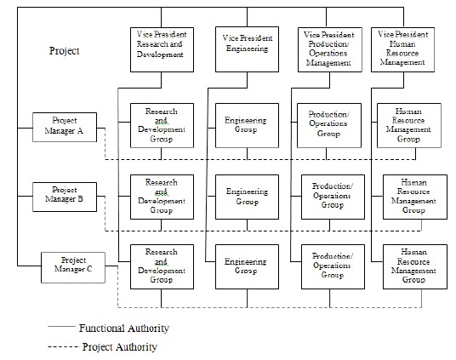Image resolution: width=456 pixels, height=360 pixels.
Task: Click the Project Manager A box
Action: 64,126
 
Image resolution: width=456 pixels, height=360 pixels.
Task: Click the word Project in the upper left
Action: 65,51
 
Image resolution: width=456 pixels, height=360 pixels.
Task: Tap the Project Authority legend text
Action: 120,346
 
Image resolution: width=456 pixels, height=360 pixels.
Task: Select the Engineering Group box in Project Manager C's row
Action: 247,266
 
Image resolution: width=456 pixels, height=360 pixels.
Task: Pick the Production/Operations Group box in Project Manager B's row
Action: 333,195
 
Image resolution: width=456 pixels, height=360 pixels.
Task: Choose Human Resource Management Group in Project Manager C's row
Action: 414,266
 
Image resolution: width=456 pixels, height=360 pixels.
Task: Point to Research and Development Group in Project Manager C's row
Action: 162,266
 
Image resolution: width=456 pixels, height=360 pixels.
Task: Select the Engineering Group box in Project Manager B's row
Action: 247,195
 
